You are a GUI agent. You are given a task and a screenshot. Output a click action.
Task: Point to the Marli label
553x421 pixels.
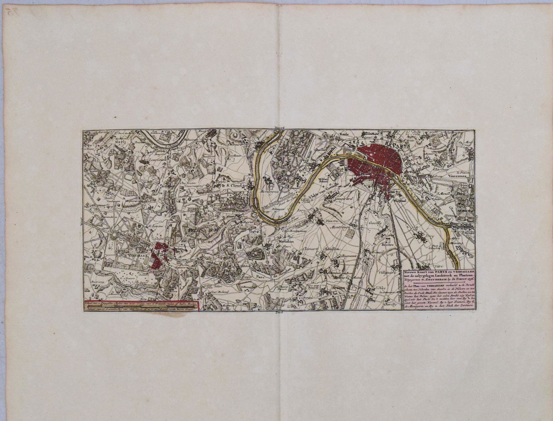[120, 141]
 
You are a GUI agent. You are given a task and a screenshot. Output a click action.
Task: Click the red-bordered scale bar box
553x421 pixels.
[141, 306]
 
